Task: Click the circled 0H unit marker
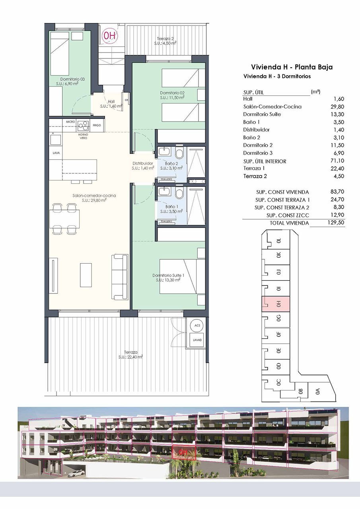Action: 109,35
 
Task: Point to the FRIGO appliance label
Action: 97,125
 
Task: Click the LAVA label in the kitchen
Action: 56,152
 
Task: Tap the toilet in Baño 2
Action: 179,153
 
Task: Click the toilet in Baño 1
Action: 179,194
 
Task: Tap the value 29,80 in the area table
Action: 338,107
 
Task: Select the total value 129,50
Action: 336,223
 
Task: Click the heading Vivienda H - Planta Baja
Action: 292,67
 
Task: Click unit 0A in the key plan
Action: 317,391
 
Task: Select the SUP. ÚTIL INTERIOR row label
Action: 265,161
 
